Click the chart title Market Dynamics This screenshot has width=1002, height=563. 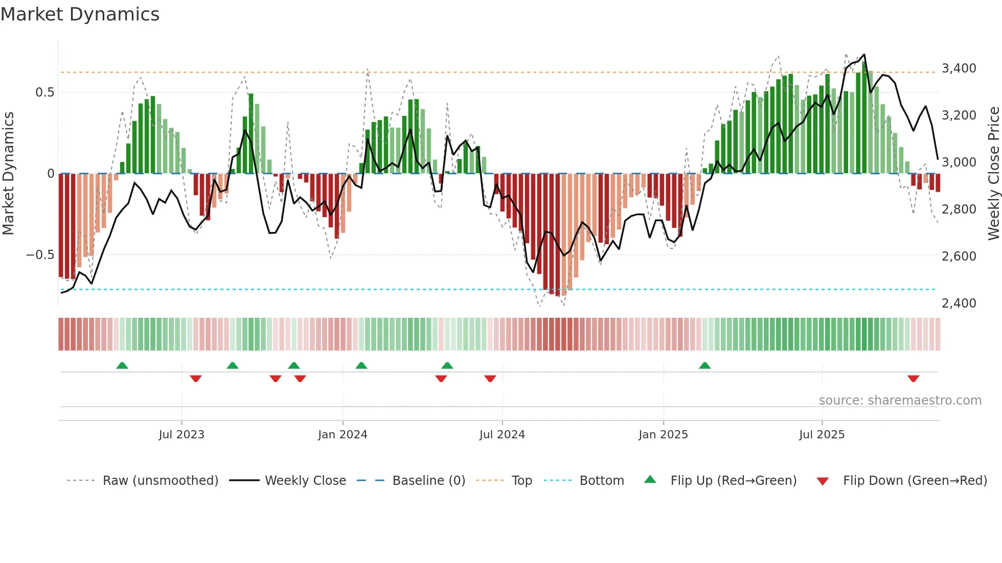tap(80, 14)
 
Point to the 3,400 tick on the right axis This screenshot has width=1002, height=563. tap(959, 68)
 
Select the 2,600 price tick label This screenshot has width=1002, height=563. tap(959, 256)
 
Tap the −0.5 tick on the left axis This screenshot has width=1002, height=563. tap(40, 254)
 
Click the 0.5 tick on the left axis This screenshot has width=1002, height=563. tap(44, 92)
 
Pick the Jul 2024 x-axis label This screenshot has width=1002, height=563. tap(502, 434)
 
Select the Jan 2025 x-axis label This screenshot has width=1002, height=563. tap(663, 434)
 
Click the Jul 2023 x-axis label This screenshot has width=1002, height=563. tap(181, 434)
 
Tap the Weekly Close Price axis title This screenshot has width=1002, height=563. tap(993, 173)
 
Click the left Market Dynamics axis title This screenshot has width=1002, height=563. tap(8, 173)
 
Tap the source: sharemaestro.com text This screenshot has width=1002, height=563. tap(900, 400)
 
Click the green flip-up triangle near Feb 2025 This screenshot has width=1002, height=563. tap(704, 365)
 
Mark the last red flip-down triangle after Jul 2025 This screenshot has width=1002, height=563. tap(913, 379)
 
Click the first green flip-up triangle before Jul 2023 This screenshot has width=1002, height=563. tap(122, 365)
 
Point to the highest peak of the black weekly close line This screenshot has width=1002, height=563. tap(864, 55)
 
